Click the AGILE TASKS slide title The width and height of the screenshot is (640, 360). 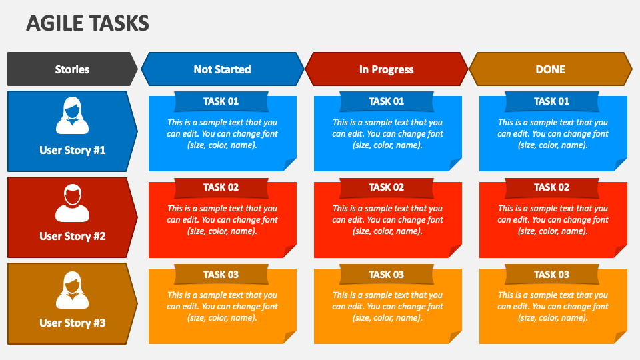tap(87, 24)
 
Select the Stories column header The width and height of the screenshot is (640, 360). tap(72, 69)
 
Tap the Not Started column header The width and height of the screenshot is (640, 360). tap(222, 69)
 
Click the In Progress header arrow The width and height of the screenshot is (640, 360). tap(387, 69)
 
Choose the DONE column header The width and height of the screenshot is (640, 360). tap(551, 69)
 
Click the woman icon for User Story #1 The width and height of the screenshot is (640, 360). tap(72, 116)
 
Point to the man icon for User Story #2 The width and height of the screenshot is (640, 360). tap(72, 203)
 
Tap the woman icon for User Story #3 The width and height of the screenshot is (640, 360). tap(72, 290)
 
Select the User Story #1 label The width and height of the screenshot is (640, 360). tap(72, 150)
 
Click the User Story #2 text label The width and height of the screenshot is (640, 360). tap(72, 236)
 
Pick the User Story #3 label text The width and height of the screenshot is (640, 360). tap(72, 323)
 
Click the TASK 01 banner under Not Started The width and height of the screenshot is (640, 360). tap(221, 101)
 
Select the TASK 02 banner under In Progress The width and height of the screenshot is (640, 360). tap(387, 187)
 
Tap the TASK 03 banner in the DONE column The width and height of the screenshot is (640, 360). tap(552, 274)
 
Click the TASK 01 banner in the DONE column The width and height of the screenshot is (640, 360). tap(552, 101)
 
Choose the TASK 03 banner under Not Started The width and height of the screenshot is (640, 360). tap(221, 274)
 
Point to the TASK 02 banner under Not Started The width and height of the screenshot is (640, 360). tap(221, 187)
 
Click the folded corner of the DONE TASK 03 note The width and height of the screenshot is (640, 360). tap(621, 337)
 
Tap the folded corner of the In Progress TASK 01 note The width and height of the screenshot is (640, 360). tap(455, 165)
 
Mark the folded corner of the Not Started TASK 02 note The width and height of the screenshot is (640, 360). tap(290, 251)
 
